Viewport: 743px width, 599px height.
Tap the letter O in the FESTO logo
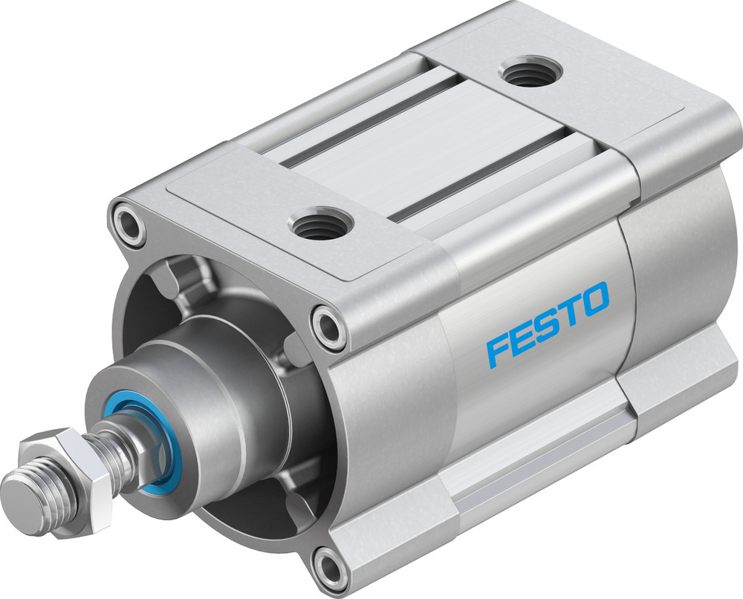594,298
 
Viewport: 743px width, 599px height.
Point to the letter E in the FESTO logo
523,335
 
